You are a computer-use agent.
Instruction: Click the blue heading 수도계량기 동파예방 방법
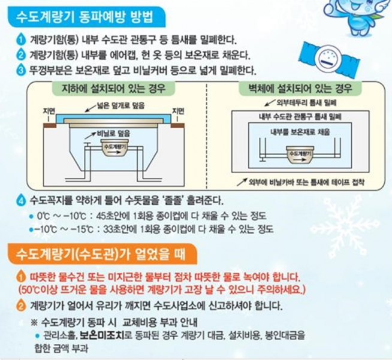85,17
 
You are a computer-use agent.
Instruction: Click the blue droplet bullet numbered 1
21,40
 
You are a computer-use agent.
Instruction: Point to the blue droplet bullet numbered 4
21,200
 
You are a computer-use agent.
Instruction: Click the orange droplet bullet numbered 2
21,305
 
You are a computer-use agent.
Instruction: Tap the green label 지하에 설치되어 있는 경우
113,89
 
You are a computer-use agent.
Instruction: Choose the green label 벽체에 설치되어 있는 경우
300,88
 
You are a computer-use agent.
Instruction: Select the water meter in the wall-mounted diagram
300,155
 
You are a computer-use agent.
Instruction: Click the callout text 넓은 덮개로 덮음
120,105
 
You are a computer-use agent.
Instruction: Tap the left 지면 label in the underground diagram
49,111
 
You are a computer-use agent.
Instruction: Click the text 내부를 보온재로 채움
300,132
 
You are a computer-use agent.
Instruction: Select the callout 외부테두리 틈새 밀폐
306,102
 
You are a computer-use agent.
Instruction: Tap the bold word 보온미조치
101,335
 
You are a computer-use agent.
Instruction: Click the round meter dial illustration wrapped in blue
329,58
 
